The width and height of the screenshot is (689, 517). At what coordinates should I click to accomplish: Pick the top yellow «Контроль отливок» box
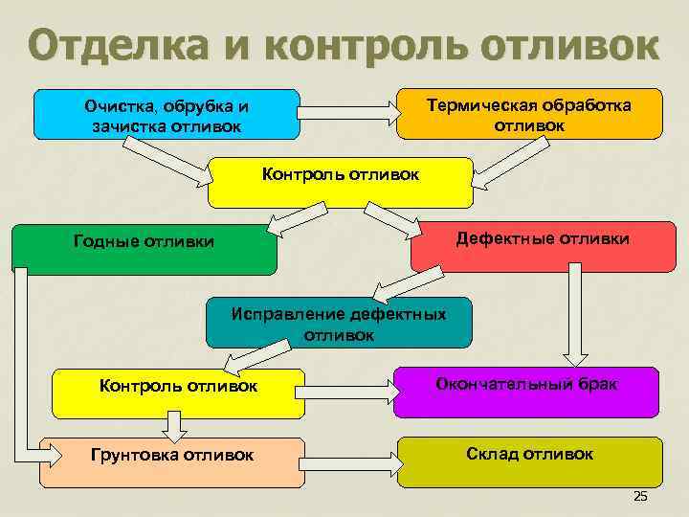[x=340, y=183]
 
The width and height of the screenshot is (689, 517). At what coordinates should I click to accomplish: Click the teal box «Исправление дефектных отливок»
[x=340, y=324]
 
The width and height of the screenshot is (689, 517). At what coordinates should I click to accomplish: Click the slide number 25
[x=640, y=495]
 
